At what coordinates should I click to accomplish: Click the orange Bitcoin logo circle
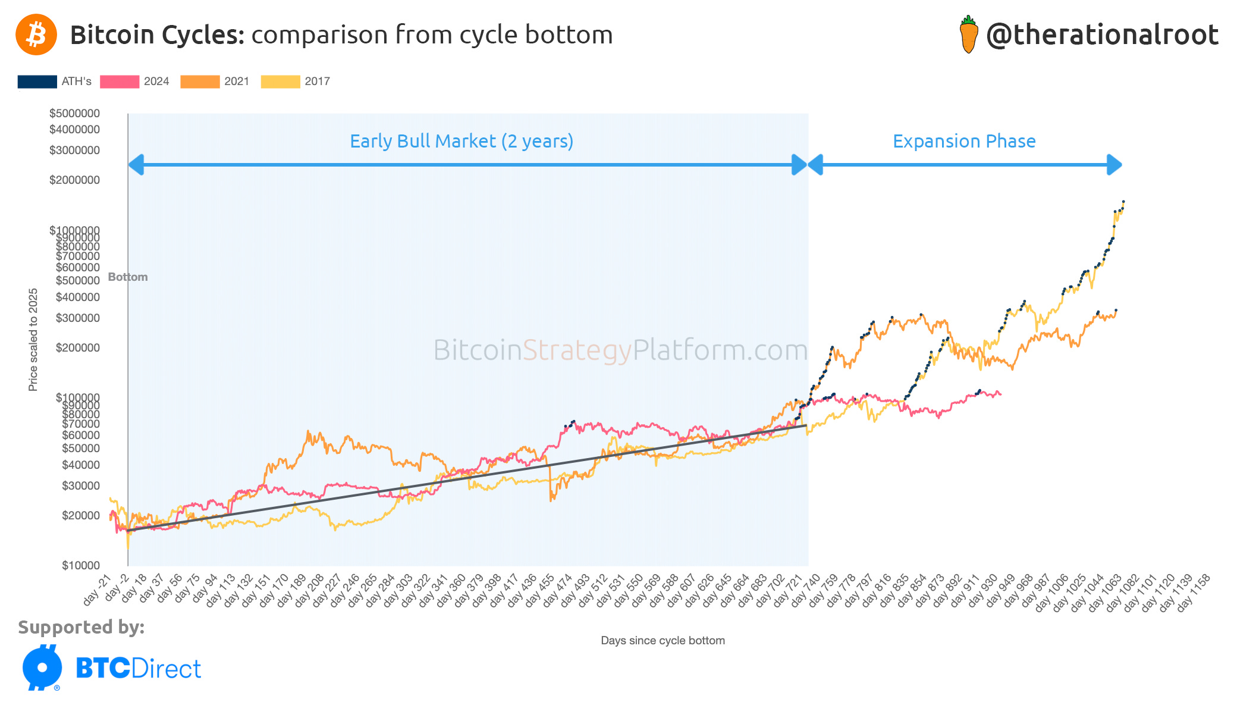click(36, 35)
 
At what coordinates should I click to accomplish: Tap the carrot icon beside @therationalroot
click(969, 35)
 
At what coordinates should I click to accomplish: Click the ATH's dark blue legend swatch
click(37, 82)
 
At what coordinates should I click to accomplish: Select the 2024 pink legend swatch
click(120, 82)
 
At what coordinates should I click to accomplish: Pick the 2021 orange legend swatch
click(200, 82)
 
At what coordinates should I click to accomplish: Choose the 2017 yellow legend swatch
click(281, 82)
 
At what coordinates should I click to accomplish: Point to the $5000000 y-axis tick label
click(74, 113)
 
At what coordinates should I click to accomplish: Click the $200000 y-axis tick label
click(77, 347)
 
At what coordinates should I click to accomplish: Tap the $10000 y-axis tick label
click(80, 565)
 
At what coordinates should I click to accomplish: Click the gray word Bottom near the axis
click(127, 277)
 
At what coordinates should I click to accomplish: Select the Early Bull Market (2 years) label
click(461, 142)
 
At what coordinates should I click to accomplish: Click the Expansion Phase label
click(964, 142)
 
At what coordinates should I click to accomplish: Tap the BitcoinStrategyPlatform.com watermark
click(620, 350)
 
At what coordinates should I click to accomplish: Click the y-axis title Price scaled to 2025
click(33, 340)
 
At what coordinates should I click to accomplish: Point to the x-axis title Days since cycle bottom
click(663, 641)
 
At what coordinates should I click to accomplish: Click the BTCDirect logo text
click(138, 669)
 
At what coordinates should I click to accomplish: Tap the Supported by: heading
click(81, 627)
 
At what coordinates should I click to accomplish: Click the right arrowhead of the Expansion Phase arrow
click(1115, 165)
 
